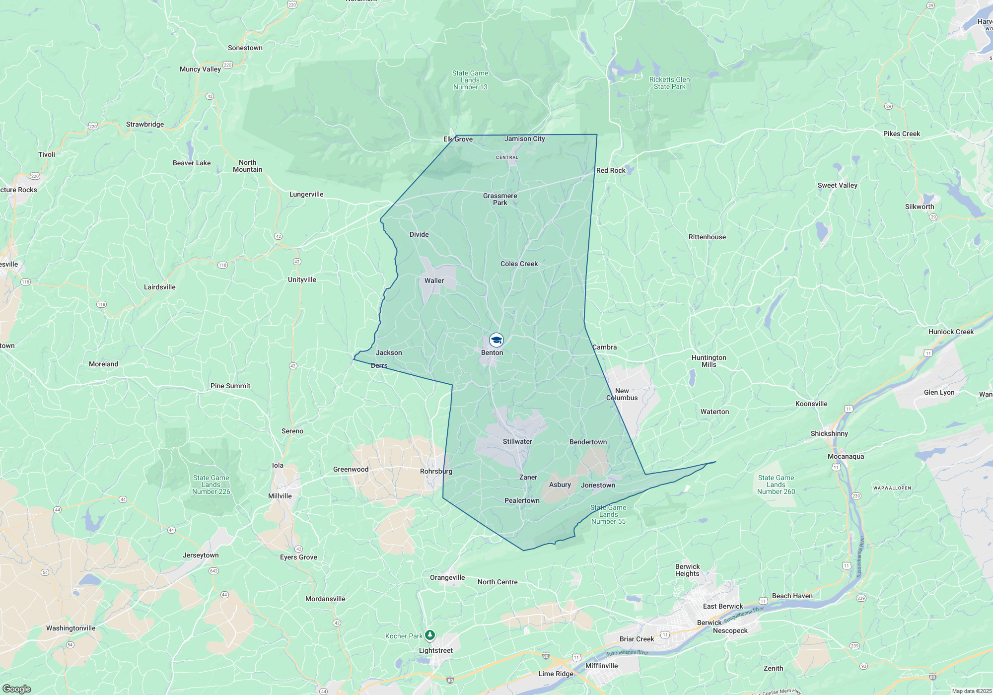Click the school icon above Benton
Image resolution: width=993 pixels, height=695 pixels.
[496, 340]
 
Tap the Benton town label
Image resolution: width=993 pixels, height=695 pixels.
[492, 353]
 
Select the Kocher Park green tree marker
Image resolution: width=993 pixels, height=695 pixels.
[430, 635]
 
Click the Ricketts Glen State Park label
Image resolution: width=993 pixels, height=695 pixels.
[669, 83]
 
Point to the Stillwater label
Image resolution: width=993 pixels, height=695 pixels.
[517, 441]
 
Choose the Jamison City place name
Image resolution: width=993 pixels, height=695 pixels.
[524, 139]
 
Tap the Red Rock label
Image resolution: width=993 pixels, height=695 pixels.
[611, 170]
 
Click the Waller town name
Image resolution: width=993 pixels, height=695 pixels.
[434, 280]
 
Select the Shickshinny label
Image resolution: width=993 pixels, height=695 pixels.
[829, 433]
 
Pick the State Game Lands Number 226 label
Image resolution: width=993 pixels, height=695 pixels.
[211, 485]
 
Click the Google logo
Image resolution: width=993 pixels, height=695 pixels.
[17, 689]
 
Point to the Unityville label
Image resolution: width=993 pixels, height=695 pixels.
[302, 279]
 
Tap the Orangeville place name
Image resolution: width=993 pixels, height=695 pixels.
[447, 577]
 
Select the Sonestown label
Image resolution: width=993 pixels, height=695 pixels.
[245, 48]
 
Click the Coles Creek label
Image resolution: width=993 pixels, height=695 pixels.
[519, 264]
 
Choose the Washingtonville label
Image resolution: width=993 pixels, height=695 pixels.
[71, 628]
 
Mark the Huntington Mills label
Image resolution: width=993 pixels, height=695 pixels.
[709, 361]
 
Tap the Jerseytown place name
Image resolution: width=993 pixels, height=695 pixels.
[201, 555]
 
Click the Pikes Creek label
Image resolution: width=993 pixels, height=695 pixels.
[901, 134]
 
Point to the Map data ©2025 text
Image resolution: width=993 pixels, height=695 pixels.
[972, 691]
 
